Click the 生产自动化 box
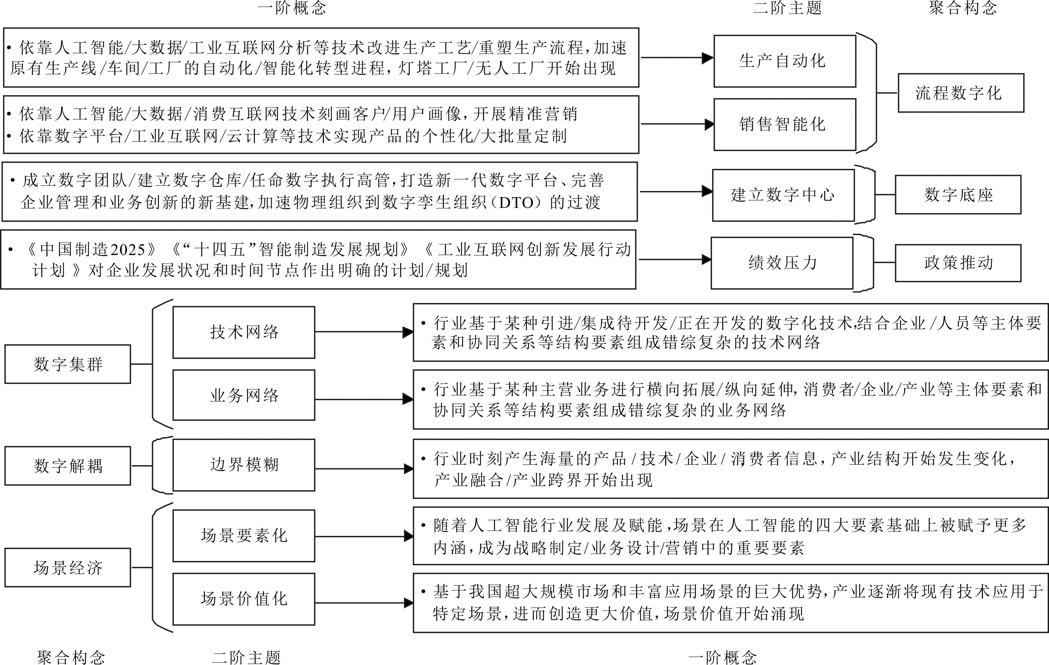tap(784, 61)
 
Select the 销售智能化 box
tap(784, 124)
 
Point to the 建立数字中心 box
tap(783, 195)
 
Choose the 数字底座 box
tap(958, 195)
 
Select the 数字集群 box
tap(68, 364)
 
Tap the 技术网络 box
tap(244, 332)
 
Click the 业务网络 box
tap(244, 395)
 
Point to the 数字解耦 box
tap(68, 465)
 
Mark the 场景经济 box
tap(68, 567)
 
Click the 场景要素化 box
tap(244, 536)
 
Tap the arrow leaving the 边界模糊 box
tap(364, 468)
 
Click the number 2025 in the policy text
tap(128, 250)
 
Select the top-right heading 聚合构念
tap(963, 8)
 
